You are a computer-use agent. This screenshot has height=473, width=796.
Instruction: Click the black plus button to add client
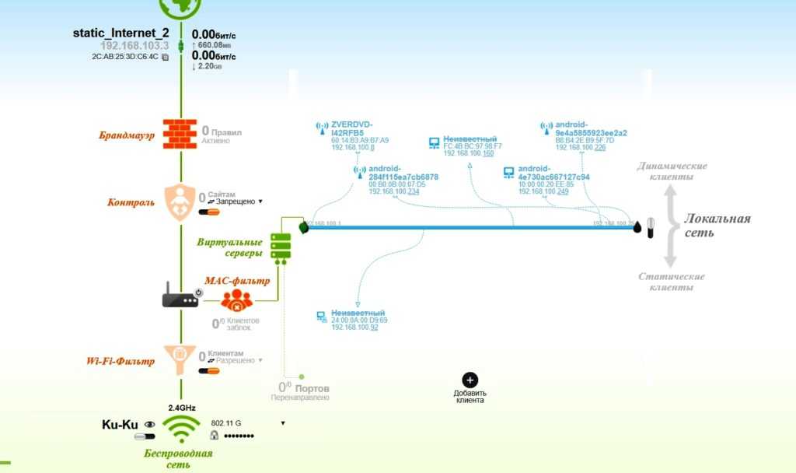pos(470,380)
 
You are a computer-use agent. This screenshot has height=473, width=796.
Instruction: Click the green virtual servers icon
pos(281,246)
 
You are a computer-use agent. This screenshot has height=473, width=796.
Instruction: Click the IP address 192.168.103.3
pos(135,45)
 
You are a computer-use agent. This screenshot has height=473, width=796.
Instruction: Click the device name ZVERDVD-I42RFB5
pos(352,128)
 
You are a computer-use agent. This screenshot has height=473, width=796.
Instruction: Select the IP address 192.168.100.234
pos(393,191)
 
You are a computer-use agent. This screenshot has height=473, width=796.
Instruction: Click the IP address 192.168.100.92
pos(354,327)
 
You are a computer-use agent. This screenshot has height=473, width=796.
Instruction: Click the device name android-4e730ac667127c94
pos(554,173)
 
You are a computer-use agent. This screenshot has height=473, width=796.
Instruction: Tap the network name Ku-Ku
pos(120,425)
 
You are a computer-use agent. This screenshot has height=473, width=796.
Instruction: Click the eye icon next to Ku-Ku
pos(149,425)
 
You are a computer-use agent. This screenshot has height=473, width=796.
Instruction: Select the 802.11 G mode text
pos(226,423)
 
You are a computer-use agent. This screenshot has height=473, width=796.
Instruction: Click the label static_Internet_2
pos(120,33)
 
